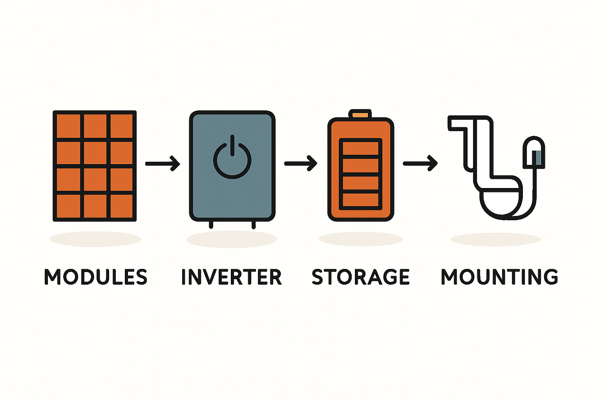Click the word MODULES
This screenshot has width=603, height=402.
click(x=95, y=277)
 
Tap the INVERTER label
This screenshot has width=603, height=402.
click(x=232, y=277)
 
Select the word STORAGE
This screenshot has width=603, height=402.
click(x=361, y=277)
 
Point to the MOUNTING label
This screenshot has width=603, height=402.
click(x=499, y=277)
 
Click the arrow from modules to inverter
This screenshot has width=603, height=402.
click(x=163, y=163)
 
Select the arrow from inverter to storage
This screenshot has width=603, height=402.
click(x=301, y=163)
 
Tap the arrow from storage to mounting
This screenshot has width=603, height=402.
click(x=420, y=163)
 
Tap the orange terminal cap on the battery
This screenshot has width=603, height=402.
click(x=360, y=115)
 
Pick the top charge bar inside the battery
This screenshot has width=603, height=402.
click(x=360, y=148)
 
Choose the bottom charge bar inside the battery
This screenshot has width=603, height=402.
click(x=360, y=200)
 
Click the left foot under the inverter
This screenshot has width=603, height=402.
click(x=211, y=225)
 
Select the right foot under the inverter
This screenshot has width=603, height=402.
click(x=253, y=225)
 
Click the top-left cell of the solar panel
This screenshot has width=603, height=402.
click(x=68, y=126)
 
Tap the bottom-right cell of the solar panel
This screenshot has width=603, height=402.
click(x=121, y=206)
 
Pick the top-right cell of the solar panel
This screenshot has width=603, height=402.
click(x=121, y=126)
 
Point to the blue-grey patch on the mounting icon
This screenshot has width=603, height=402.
click(x=538, y=157)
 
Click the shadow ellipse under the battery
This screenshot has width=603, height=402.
click(x=361, y=239)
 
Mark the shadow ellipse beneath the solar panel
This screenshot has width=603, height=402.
click(x=95, y=239)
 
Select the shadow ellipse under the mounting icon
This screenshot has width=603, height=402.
click(x=496, y=239)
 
